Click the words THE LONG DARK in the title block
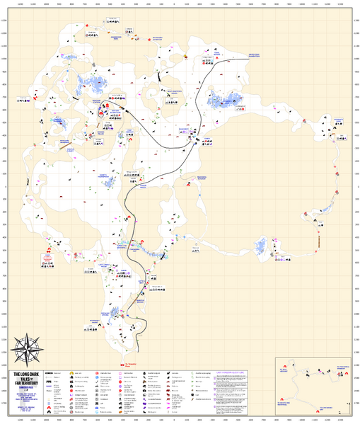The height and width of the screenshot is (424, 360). pyautogui.click(x=26, y=374)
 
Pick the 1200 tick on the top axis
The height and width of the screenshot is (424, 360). pyautogui.click(x=21, y=4)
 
